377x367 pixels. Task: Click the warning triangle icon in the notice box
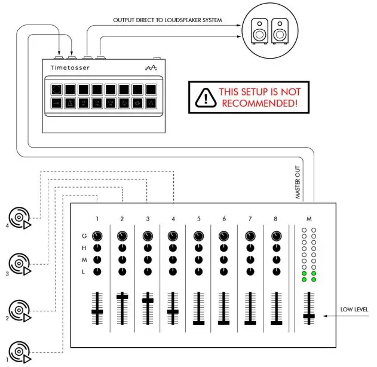click(x=206, y=97)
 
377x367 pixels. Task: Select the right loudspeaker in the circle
click(x=279, y=30)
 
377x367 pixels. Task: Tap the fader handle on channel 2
click(x=122, y=296)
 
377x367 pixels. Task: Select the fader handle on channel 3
click(x=148, y=300)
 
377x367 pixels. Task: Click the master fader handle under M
click(x=309, y=316)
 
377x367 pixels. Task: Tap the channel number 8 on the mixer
click(x=275, y=219)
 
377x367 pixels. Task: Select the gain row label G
click(x=84, y=236)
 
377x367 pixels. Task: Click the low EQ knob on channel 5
click(x=199, y=271)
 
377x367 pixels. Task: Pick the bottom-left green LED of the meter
click(x=304, y=279)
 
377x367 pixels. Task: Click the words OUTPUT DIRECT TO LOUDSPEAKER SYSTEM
click(x=167, y=21)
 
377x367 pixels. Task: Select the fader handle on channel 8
click(x=275, y=323)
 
